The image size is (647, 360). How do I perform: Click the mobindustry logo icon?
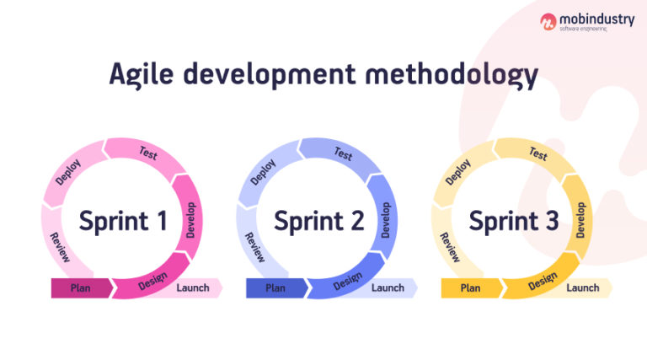548,22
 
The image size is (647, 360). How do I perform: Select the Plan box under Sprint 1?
81,288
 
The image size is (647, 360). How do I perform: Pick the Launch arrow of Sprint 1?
195,288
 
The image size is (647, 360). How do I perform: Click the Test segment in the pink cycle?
147,153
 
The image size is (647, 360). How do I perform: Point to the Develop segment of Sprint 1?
191,218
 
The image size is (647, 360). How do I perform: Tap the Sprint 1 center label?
124,222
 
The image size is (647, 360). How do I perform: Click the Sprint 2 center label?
319,222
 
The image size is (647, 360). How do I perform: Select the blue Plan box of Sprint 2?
275,288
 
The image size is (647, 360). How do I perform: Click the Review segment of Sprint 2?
254,247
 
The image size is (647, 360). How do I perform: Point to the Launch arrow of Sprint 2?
389,288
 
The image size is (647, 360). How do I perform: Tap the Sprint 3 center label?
514,222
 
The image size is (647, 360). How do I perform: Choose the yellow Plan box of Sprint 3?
470,288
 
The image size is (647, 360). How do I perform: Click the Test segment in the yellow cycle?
537,153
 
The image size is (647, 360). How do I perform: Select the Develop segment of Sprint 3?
581,218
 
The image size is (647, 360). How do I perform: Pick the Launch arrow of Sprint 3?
584,288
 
